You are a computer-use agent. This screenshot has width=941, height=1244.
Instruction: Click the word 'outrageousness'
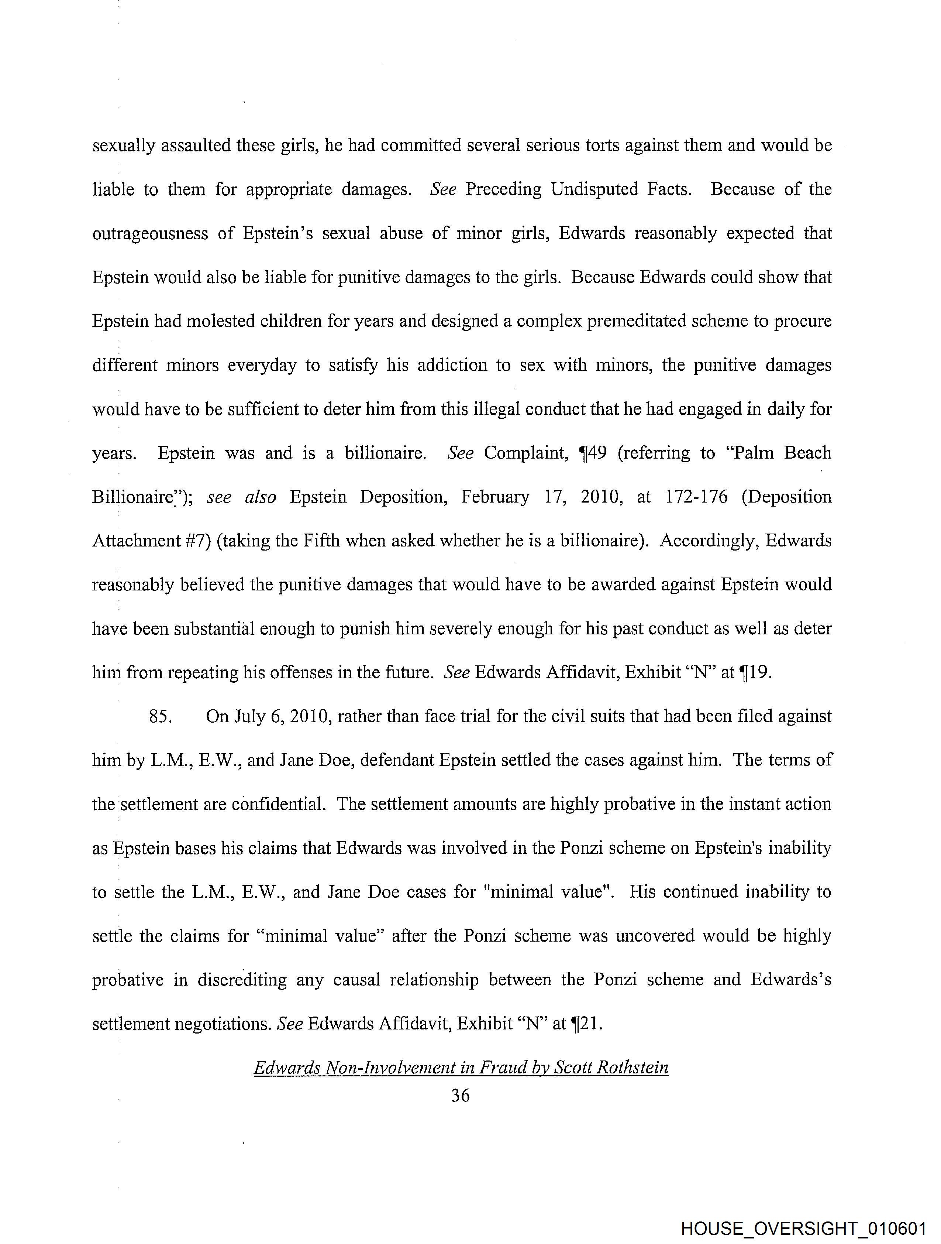point(150,233)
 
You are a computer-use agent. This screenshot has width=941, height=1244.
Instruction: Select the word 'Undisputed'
point(594,189)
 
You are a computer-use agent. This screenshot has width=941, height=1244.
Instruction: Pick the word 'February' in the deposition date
point(495,497)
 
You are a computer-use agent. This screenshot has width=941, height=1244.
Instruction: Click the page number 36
point(461,1096)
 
